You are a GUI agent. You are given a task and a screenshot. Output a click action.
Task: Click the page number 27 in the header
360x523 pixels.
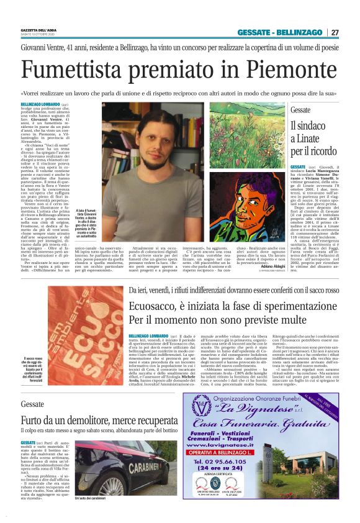pyautogui.click(x=335, y=32)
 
